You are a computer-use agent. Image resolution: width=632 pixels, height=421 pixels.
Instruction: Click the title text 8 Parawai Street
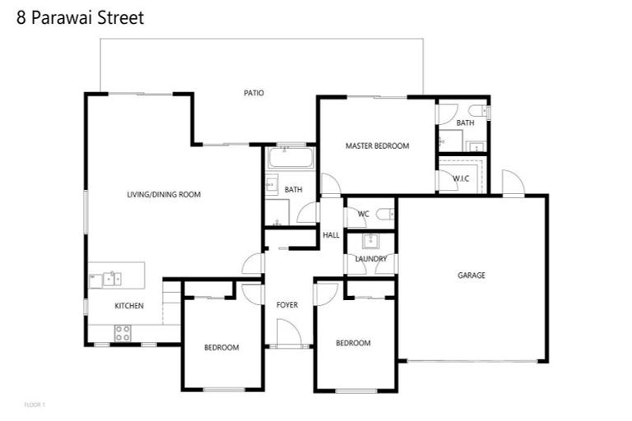(81, 17)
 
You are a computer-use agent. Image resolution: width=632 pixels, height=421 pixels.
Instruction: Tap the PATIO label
(253, 93)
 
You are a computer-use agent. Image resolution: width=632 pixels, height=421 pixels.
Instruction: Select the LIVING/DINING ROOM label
(164, 195)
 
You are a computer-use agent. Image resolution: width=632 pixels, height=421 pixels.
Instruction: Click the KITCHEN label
(128, 306)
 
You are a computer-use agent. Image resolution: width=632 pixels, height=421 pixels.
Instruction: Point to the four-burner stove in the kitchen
(122, 333)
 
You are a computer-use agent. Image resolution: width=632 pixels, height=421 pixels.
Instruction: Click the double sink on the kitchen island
(110, 279)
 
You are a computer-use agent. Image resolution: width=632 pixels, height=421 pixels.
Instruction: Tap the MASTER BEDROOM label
(377, 146)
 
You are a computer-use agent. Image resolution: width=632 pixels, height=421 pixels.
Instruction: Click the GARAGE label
(472, 275)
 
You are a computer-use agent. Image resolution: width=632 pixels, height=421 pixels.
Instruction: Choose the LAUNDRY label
(370, 259)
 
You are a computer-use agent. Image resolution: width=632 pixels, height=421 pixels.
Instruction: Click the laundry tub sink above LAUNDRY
(369, 242)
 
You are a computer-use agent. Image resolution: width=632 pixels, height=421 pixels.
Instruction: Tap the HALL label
(331, 235)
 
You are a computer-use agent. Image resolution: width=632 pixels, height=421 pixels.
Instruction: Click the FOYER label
(286, 305)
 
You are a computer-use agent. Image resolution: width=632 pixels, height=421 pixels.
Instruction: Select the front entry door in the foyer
(288, 333)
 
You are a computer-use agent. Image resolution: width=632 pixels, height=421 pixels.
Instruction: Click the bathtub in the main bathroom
(290, 157)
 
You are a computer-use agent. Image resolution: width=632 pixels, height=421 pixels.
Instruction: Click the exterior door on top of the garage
(512, 183)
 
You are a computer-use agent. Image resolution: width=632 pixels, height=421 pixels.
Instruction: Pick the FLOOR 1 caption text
(34, 405)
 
